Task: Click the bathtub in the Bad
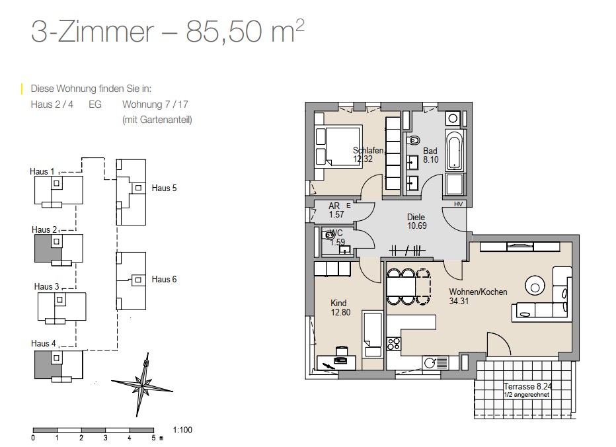455,150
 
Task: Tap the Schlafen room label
368,150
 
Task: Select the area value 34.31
459,301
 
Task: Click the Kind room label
338,303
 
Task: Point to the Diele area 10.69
417,225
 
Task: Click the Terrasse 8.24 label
527,386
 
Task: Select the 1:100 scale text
182,430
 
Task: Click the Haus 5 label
164,188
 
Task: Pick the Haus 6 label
164,279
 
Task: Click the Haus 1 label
42,171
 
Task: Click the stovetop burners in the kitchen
394,344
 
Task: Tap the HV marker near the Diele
458,204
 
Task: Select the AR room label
334,206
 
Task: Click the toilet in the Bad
413,140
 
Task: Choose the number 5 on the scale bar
153,438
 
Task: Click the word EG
95,104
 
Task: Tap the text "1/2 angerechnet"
526,395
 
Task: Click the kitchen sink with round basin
436,363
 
